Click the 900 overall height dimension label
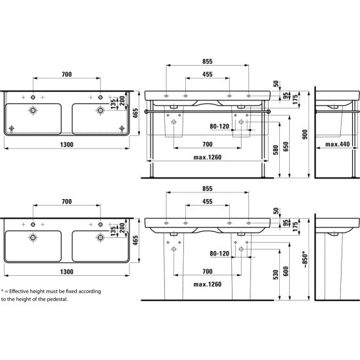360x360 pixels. click(305, 135)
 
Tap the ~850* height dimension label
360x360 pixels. click(305, 260)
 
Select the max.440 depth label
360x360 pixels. click(338, 144)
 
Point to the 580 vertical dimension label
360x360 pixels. click(275, 150)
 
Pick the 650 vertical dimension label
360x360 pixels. click(286, 146)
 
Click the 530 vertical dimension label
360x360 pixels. click(275, 275)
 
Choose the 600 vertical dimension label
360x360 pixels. click(286, 271)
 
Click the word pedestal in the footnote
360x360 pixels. click(57, 299)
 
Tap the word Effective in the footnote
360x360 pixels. click(19, 292)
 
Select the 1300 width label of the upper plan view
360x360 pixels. click(66, 145)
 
